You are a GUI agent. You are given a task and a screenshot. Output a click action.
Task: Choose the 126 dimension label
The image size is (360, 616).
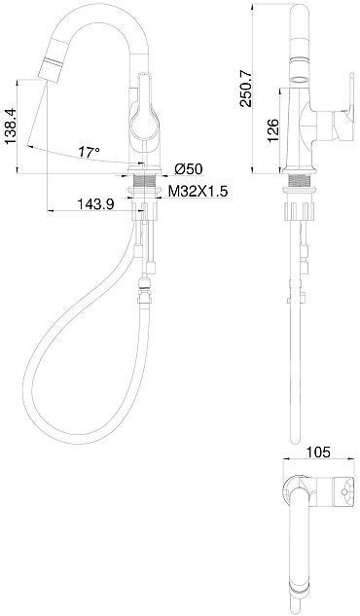(x=273, y=128)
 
